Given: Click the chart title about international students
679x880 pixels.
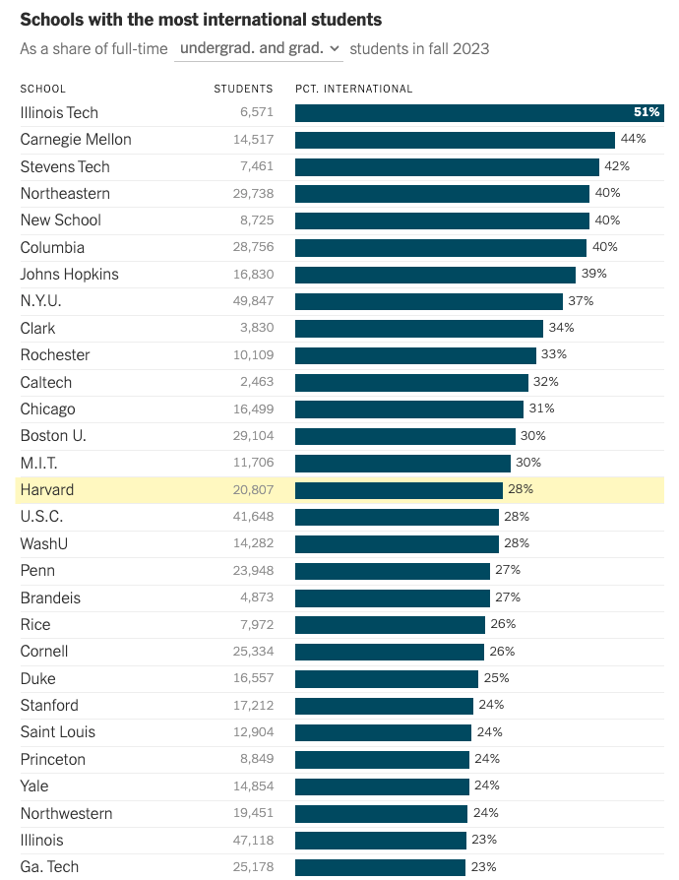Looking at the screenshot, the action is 201,20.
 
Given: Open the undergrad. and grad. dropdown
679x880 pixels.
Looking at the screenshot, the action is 259,49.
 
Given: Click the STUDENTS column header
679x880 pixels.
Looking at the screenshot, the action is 243,89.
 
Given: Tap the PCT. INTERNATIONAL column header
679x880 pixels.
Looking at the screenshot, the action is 353,89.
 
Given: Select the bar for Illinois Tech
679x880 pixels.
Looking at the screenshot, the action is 480,113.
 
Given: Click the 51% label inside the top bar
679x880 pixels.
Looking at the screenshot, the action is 647,112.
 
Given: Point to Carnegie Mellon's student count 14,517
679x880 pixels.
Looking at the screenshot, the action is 254,139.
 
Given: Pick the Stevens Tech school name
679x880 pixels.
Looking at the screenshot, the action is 65,166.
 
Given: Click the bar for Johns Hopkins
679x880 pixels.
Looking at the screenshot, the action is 436,275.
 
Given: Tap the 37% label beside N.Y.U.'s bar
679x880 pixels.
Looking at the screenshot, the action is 581,301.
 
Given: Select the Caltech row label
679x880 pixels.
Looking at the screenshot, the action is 46,382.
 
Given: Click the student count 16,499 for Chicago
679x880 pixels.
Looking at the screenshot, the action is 254,409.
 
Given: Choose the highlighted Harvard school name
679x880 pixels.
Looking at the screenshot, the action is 47,490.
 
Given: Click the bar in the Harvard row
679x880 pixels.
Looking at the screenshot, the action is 399,490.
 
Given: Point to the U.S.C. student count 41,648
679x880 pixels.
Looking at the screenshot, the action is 254,517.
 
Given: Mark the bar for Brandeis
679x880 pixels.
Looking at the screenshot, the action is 393,597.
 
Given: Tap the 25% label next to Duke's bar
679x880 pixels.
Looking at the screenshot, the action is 497,678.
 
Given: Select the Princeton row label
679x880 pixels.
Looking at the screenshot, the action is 53,759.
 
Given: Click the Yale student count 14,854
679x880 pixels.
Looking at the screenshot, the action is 254,786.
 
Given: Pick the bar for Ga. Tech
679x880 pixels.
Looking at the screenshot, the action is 381,867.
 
